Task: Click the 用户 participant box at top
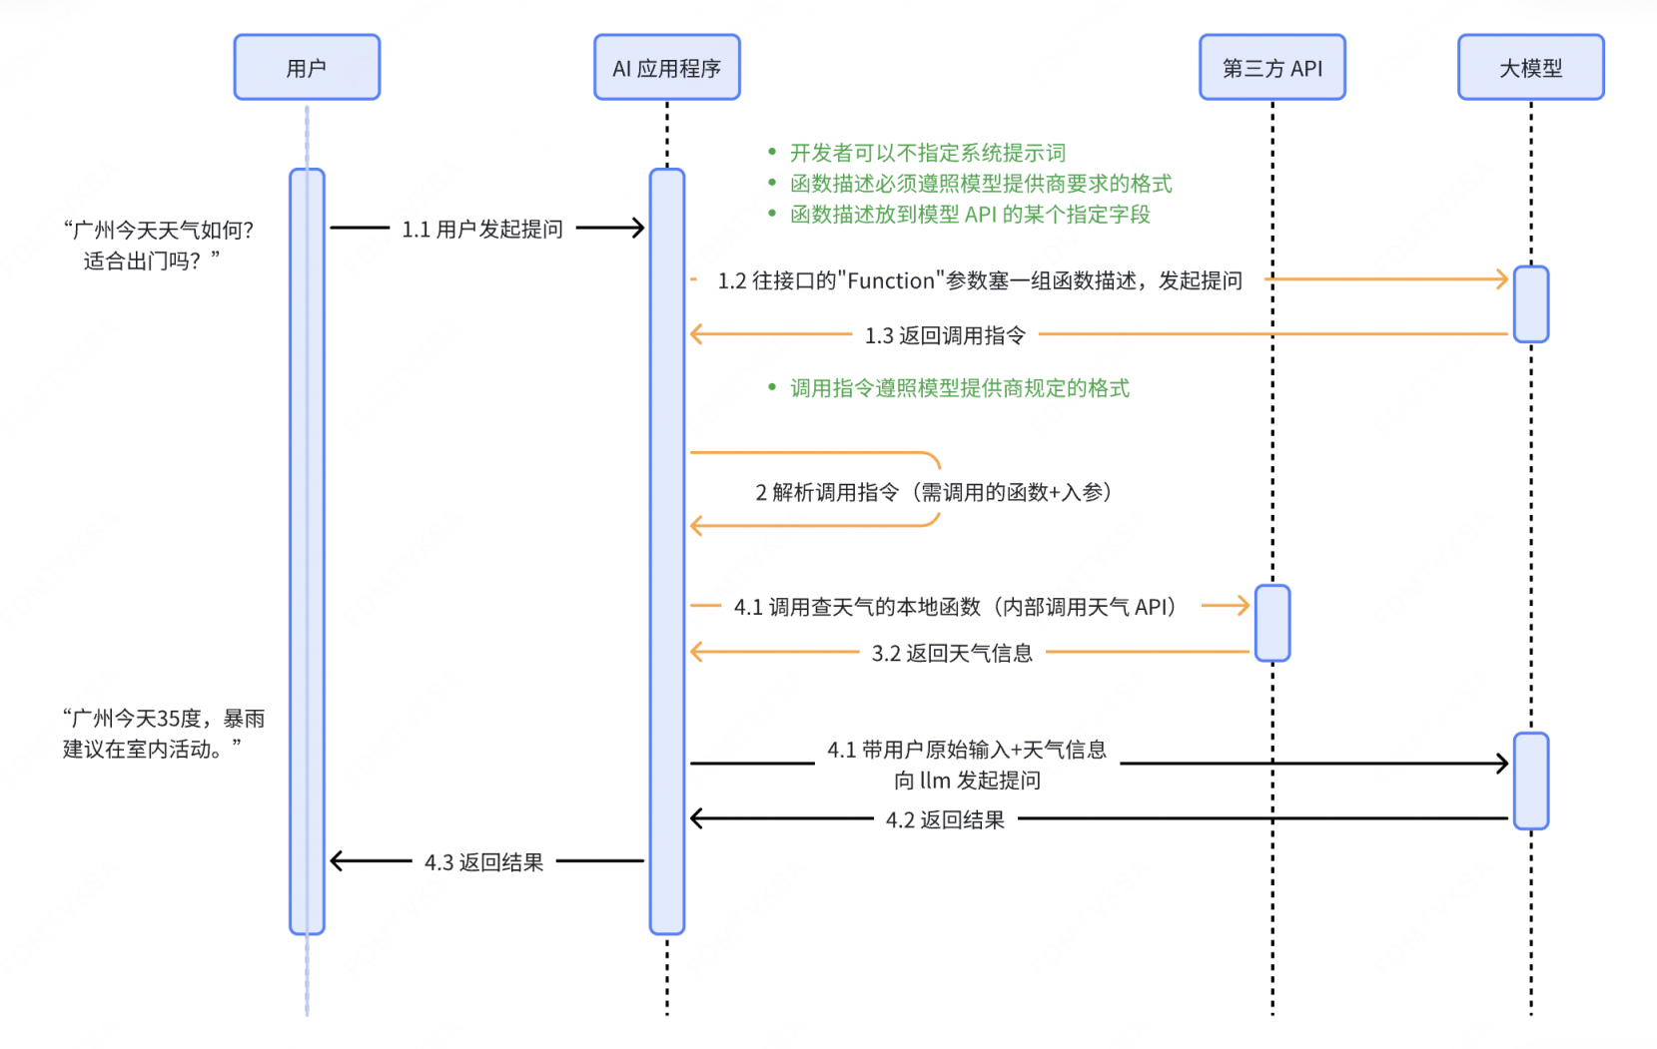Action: (x=307, y=68)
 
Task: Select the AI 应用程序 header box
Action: (x=666, y=68)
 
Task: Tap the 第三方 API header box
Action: (x=1271, y=68)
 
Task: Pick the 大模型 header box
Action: (x=1530, y=68)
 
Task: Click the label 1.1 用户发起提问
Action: (x=482, y=230)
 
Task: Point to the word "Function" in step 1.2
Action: (x=891, y=280)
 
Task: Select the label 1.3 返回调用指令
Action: (x=945, y=335)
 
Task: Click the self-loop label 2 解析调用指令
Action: (x=933, y=492)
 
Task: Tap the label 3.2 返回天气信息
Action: (x=952, y=653)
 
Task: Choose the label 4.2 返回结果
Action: (x=945, y=819)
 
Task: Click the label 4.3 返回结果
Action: (x=483, y=862)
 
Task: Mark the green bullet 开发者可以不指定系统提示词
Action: (x=927, y=153)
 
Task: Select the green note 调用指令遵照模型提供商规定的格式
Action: (x=959, y=388)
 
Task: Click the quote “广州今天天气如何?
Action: (x=159, y=231)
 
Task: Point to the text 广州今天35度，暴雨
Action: (x=164, y=719)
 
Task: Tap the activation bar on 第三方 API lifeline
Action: (x=1271, y=624)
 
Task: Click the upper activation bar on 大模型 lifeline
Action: (x=1530, y=304)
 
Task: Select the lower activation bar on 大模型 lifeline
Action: (x=1530, y=781)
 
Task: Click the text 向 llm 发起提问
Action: (x=967, y=781)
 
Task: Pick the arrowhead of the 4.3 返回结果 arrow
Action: (x=336, y=860)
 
